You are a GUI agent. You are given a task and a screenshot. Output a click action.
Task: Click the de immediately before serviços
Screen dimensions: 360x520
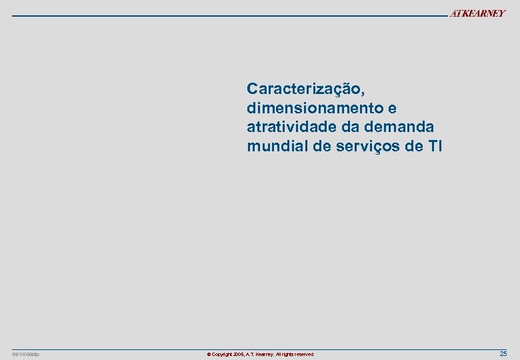321,146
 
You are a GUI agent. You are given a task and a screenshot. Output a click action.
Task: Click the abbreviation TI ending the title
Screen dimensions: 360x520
435,146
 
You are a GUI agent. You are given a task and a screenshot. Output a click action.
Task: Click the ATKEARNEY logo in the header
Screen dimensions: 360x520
477,14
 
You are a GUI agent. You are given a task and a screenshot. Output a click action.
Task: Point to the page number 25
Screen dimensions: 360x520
503,354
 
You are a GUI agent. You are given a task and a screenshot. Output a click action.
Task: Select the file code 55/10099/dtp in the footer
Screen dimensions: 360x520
26,354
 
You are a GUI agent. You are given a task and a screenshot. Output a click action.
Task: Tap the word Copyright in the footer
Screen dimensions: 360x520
224,355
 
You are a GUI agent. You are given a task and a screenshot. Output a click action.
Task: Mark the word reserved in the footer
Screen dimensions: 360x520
303,355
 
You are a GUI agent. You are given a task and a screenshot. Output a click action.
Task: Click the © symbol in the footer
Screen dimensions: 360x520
209,355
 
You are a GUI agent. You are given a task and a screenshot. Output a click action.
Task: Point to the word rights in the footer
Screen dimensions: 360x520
287,355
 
